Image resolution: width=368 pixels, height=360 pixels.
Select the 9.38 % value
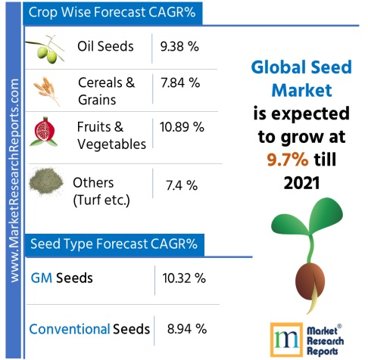click(x=179, y=46)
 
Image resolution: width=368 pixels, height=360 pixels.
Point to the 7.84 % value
click(x=179, y=89)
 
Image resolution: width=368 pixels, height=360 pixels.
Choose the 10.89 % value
click(x=182, y=127)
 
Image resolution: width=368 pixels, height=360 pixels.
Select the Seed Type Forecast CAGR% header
click(x=114, y=244)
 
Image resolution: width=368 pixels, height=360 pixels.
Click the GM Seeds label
click(x=61, y=278)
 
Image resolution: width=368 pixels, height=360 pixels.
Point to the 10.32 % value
click(x=184, y=278)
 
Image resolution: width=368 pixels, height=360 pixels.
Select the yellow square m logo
click(x=284, y=337)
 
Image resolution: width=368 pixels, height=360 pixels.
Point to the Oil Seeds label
click(x=105, y=46)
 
